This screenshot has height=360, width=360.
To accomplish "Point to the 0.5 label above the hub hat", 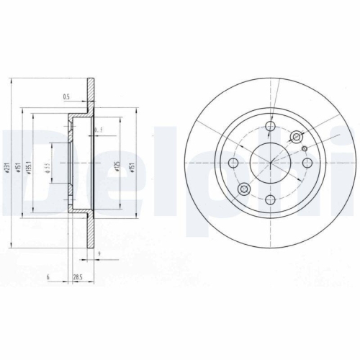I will (66, 96).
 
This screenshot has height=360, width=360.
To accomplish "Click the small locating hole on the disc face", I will (305, 149).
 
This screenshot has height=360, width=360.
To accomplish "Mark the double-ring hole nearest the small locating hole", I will (295, 138).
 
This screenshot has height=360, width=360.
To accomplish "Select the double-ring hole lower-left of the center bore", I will (244, 189).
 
